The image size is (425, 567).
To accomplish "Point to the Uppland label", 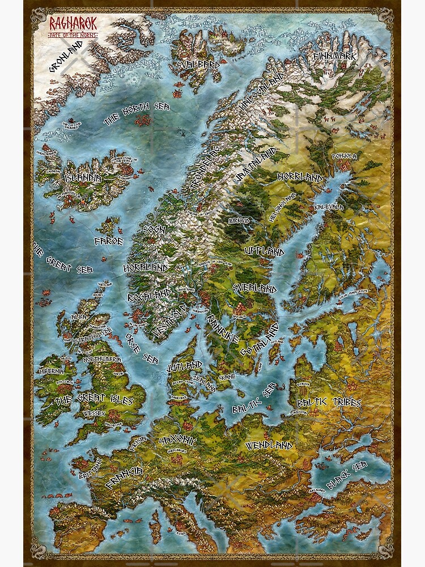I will click(x=264, y=251).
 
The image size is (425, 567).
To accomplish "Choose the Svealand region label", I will click(x=254, y=287).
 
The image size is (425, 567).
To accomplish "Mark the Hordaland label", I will click(x=146, y=266).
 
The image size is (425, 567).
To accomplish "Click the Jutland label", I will click(x=184, y=366).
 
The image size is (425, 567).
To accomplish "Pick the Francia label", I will click(x=124, y=477).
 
